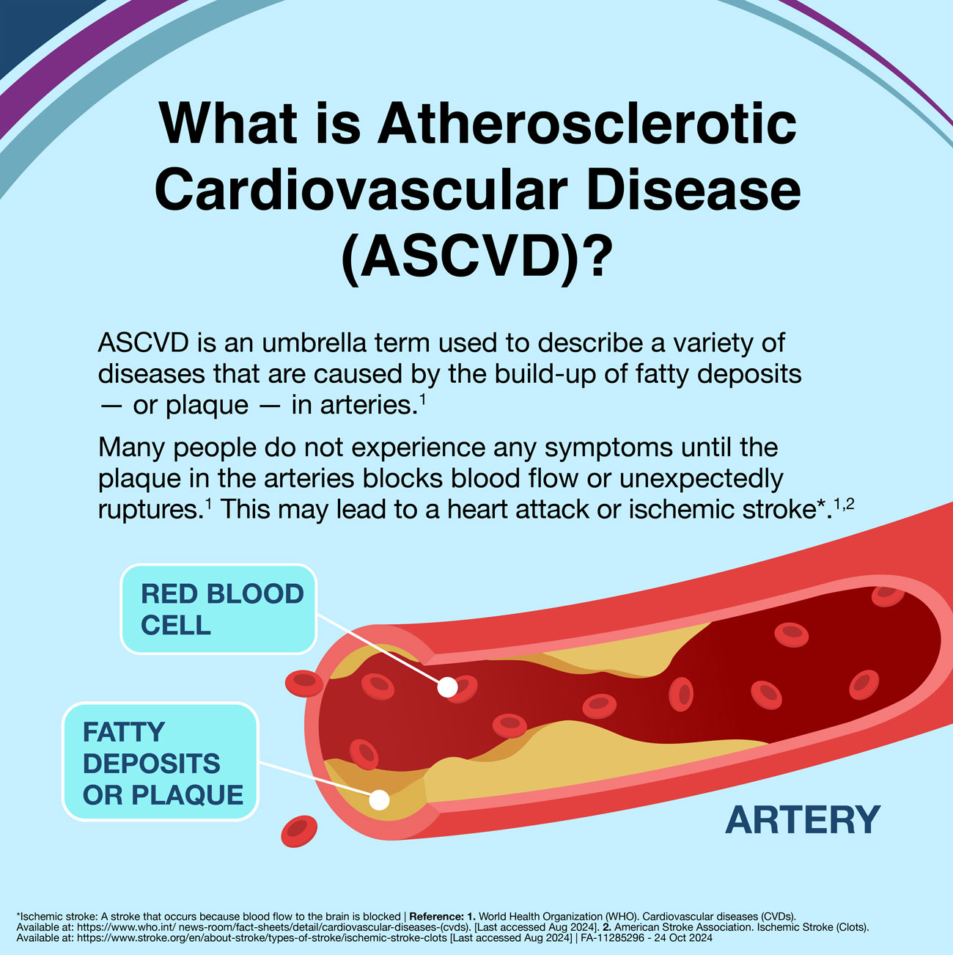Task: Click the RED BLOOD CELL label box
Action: [x=218, y=609]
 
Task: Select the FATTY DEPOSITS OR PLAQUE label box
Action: [x=161, y=761]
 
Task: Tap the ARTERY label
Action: [x=803, y=820]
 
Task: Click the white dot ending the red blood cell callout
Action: [x=447, y=687]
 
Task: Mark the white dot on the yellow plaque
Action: [x=379, y=800]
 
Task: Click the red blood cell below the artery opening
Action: [x=299, y=831]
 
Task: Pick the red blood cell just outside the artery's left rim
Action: [x=304, y=684]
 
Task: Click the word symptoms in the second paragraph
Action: [x=608, y=448]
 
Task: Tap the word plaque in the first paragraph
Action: [x=207, y=406]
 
